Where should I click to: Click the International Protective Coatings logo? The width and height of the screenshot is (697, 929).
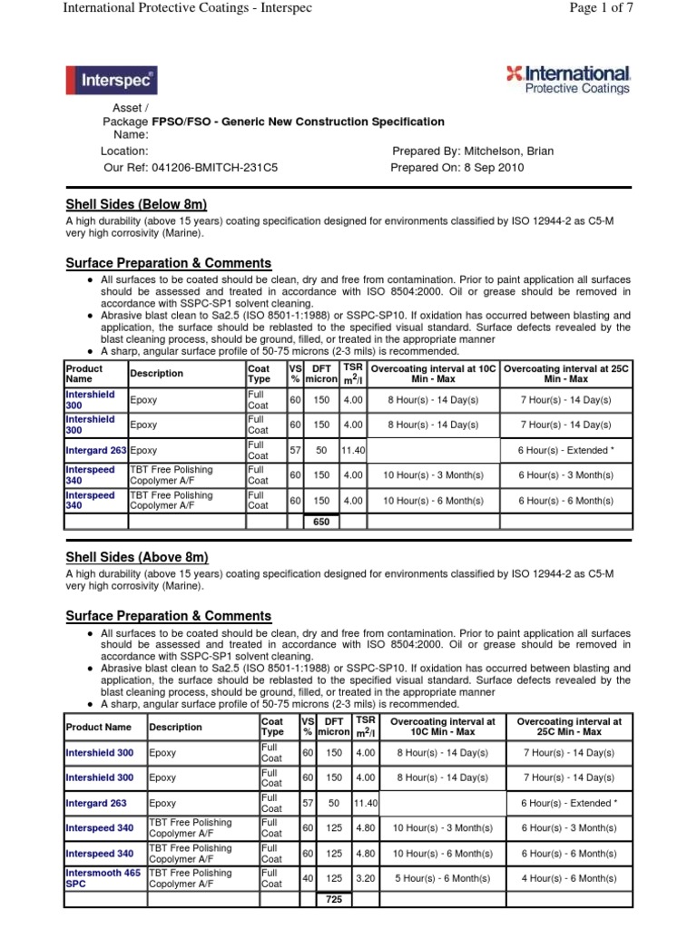[x=568, y=80]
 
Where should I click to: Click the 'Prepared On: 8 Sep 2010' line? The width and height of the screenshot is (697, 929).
[x=457, y=168]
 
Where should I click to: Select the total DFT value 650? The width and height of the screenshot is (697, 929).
[x=322, y=522]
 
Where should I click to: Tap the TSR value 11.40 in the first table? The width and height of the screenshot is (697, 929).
[x=353, y=450]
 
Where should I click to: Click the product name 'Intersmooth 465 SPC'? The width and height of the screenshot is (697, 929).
[x=103, y=878]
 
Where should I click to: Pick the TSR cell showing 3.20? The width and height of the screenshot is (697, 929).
[x=365, y=879]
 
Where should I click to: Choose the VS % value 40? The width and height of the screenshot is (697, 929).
[x=308, y=879]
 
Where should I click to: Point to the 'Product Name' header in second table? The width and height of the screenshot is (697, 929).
[x=99, y=728]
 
